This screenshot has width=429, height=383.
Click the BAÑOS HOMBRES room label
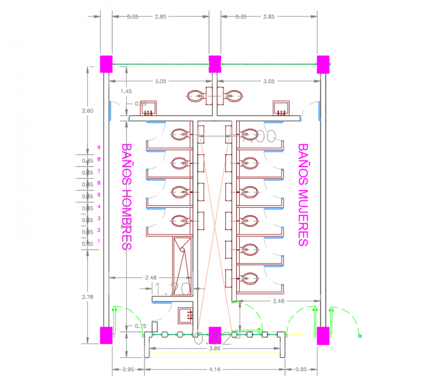[127, 197]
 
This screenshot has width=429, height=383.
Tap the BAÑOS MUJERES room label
[303, 195]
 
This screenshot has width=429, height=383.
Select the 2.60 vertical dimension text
[87, 111]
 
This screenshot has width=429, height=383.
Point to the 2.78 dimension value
[87, 297]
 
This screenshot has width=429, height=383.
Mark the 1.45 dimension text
[126, 91]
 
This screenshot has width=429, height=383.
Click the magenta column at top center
[215, 64]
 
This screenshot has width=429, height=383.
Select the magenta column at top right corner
[323, 64]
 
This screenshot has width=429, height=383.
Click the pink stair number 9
[99, 147]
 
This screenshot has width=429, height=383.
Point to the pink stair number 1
[99, 241]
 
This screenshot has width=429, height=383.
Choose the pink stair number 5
[99, 194]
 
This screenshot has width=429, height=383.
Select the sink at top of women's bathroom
[281, 108]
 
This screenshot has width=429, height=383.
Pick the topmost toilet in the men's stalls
[180, 134]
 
